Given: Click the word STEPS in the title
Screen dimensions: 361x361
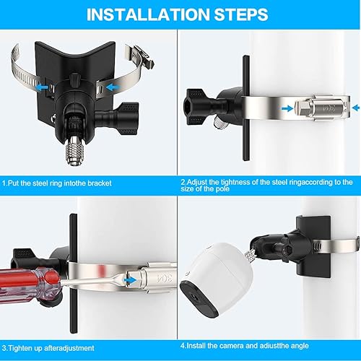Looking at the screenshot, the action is point(241,14).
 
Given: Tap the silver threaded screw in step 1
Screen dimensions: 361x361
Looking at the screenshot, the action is point(74,153).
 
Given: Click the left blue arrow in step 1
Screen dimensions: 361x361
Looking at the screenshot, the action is point(42,87).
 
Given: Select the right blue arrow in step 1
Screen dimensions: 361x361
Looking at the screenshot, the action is point(113,87).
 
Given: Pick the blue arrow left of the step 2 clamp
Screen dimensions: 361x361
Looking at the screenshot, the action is point(287,109).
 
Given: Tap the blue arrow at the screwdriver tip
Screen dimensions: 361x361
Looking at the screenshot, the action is point(130,280).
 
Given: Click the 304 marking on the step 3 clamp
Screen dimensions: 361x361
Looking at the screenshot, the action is point(165,279).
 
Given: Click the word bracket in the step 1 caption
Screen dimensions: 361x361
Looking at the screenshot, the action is point(100,183).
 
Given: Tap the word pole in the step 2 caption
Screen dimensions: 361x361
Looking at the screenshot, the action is point(222,189).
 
